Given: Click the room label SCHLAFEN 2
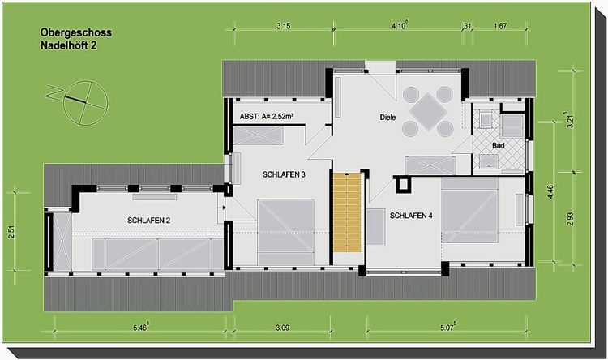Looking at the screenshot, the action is pos(149,221).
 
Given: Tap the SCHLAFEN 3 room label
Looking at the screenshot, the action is pos(284,174).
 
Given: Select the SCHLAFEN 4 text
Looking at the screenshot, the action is pos(411,216).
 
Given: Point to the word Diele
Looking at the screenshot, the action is pos(387,117).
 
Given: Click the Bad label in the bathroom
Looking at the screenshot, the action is pos(499,145).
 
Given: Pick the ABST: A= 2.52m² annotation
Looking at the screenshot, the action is pos(267,116).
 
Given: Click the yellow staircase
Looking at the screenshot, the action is pos(348,212).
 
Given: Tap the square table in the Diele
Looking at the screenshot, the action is pos(428,111).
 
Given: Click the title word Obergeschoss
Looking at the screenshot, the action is pos(76,32).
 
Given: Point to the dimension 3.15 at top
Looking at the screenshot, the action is pos(284,26).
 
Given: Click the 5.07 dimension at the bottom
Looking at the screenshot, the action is pos(447,327).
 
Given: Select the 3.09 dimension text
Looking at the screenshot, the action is pos(282,328).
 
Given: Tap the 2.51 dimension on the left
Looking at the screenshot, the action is pos(11,232).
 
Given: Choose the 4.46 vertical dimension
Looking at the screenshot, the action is pos(550,192).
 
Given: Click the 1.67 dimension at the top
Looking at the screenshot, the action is pos(500,26).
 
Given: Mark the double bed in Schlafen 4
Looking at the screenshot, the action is pos(469,210).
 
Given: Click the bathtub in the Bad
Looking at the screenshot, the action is pos(488,161).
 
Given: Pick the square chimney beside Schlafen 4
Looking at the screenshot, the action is pos(403,185).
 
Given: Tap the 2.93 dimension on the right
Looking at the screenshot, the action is pos(570,219).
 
